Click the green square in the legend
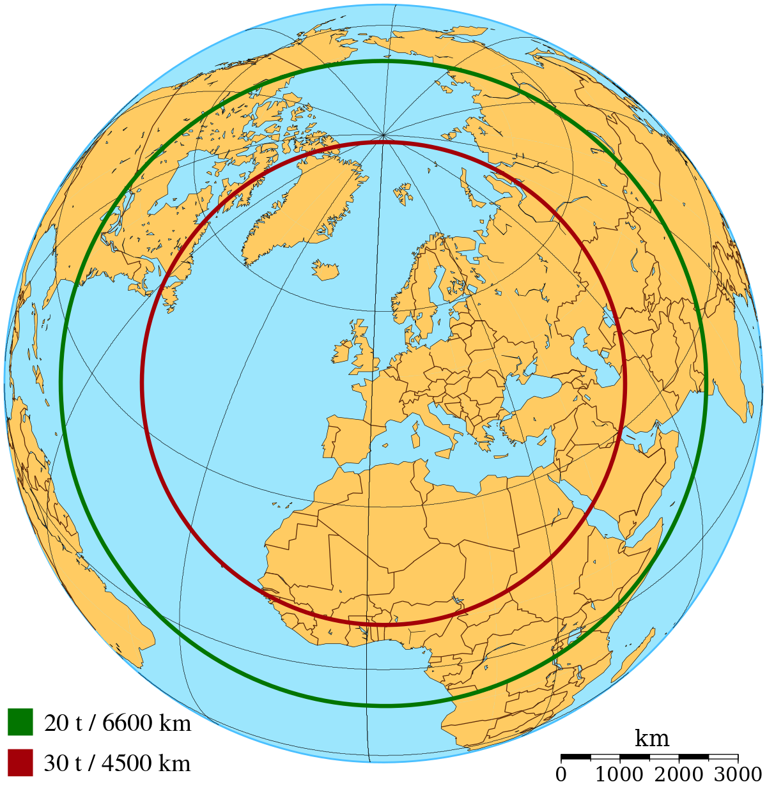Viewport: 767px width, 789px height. point(20,721)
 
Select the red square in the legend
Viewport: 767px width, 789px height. point(20,762)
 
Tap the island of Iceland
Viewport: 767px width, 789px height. point(325,270)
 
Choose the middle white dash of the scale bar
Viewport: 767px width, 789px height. point(664,756)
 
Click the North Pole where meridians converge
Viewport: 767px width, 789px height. point(383,135)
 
